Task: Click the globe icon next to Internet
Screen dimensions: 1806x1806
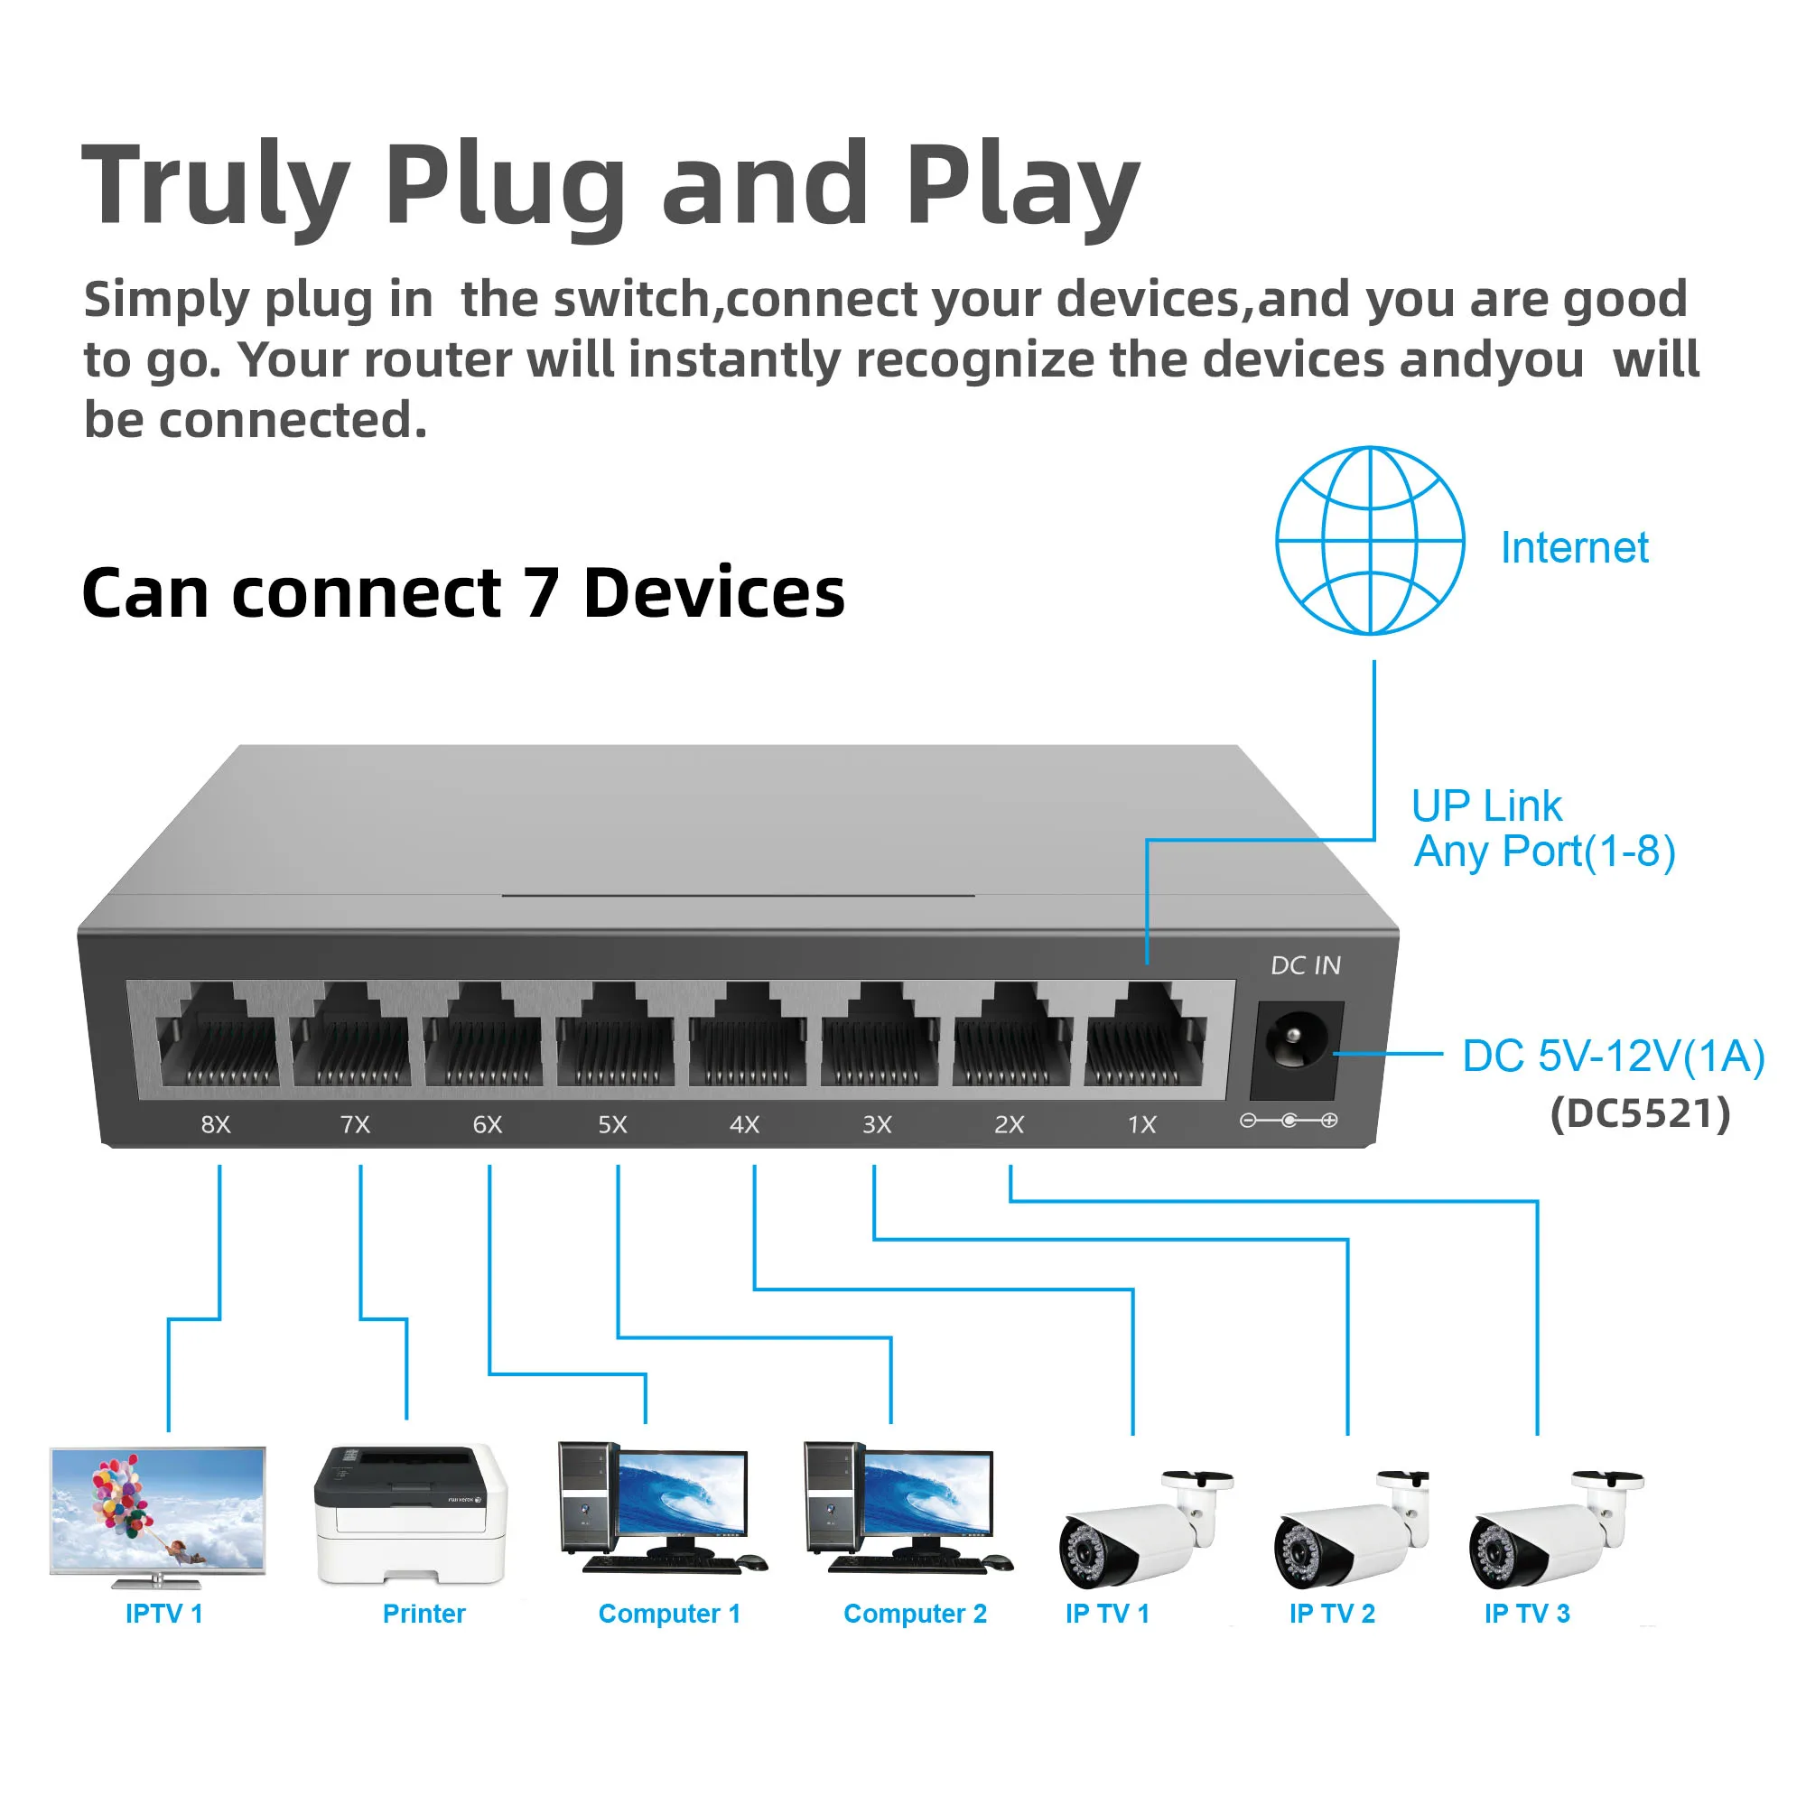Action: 1370,540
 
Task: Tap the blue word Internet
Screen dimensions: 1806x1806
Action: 1573,548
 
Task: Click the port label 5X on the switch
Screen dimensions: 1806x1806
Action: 612,1124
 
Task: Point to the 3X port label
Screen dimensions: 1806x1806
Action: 877,1124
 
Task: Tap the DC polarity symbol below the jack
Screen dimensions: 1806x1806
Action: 1289,1120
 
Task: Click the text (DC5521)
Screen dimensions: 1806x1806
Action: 1641,1113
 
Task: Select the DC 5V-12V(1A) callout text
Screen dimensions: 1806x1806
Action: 1613,1057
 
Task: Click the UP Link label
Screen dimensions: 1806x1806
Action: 1486,805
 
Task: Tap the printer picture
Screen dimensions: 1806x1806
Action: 411,1513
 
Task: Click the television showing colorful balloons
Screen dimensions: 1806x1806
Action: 157,1513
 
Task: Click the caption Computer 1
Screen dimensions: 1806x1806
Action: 668,1615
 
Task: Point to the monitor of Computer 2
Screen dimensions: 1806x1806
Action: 928,1493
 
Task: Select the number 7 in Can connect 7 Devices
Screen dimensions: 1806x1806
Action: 541,593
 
